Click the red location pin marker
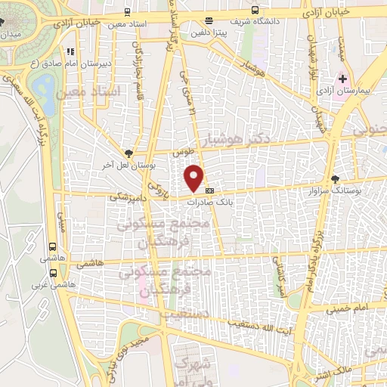(x=195, y=178)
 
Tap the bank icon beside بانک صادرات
(x=209, y=190)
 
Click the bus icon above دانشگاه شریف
(x=255, y=11)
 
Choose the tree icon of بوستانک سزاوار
(x=335, y=179)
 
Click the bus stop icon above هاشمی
(x=52, y=246)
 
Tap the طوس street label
(x=179, y=152)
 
